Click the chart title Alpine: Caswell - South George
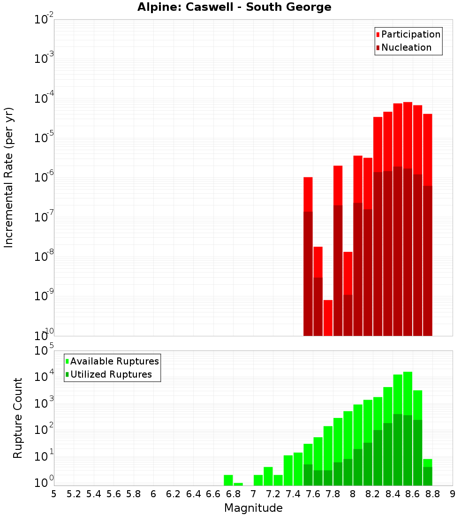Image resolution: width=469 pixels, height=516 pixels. coord(234,7)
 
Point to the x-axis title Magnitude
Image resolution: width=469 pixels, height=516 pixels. coord(253,508)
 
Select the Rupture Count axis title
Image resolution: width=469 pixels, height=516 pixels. coord(18,418)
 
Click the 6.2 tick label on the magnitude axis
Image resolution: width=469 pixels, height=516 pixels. coord(174,494)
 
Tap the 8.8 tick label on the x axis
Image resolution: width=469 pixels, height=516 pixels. coord(433,494)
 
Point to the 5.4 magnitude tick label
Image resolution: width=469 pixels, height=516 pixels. coord(94,494)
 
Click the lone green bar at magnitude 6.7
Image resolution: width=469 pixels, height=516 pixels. coord(228,480)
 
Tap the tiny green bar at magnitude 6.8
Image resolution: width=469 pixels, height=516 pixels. coord(238,484)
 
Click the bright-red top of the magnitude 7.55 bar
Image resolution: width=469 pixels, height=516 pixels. coord(308,194)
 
